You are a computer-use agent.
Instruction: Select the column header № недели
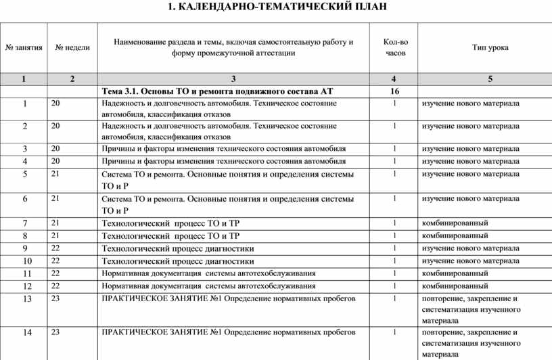click(x=72, y=48)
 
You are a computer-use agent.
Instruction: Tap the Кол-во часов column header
click(x=395, y=47)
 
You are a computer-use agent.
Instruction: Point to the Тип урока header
click(x=490, y=47)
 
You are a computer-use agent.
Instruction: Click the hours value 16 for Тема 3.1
click(x=395, y=91)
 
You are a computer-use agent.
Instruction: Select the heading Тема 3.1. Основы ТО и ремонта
click(x=217, y=91)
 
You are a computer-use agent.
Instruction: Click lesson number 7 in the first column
click(x=24, y=223)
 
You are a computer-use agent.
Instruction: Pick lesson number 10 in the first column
click(x=24, y=261)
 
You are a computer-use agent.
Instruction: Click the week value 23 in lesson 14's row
click(x=55, y=332)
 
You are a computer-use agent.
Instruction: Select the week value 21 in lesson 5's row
click(x=55, y=174)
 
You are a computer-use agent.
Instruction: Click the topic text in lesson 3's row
click(x=223, y=149)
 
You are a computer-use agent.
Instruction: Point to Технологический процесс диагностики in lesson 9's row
click(x=177, y=248)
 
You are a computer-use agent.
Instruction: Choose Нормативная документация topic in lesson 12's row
click(x=208, y=286)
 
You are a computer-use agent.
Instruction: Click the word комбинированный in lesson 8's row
click(x=454, y=235)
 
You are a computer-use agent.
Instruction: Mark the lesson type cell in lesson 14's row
click(x=470, y=343)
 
